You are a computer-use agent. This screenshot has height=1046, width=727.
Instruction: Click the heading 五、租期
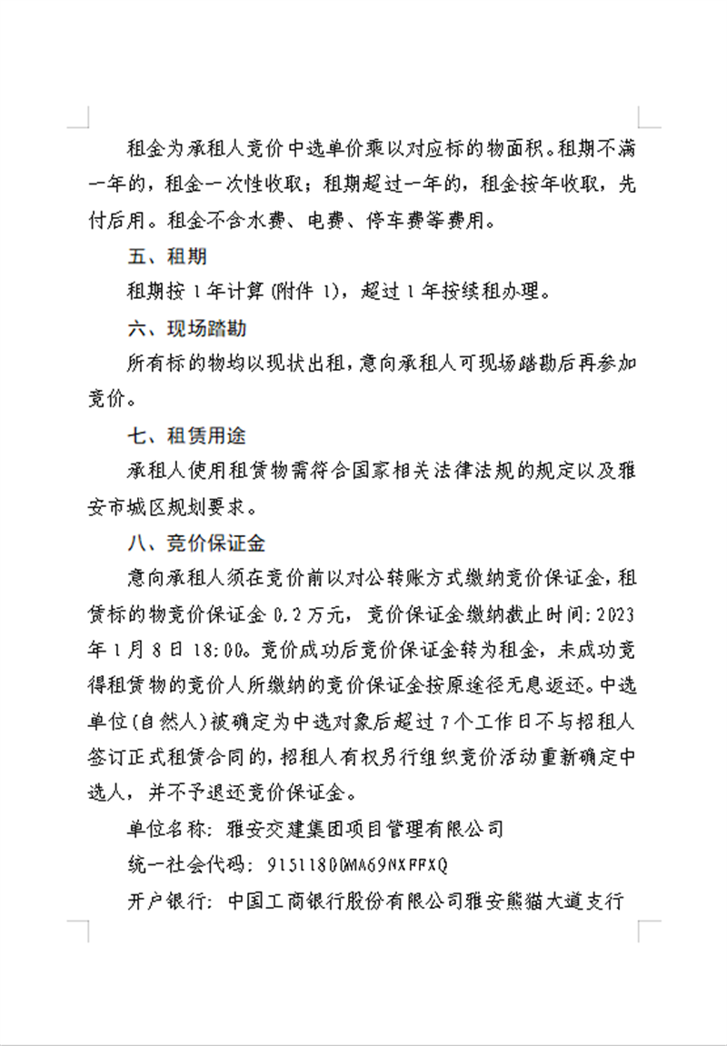pyautogui.click(x=167, y=257)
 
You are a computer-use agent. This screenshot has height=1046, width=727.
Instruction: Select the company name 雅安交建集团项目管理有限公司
pyautogui.click(x=364, y=828)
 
